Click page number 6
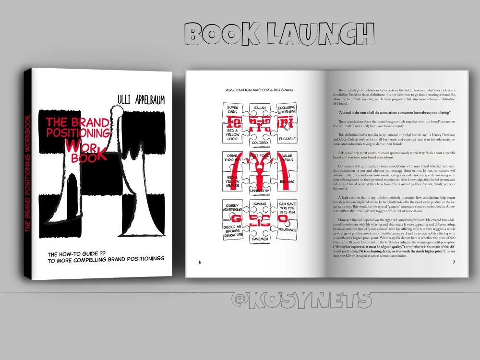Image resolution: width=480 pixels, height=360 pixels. point(199,262)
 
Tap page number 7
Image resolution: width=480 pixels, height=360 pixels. point(454,262)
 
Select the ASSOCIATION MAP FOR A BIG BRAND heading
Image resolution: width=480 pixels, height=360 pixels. point(260,90)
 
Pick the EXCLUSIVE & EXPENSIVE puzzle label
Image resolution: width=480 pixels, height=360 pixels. point(287,110)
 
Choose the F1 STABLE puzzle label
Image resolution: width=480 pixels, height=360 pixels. point(287,139)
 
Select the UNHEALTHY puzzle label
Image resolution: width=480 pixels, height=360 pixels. point(260,191)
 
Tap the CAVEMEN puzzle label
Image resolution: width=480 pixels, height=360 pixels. point(260,239)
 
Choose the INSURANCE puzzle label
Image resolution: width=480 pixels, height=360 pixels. point(287,230)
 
